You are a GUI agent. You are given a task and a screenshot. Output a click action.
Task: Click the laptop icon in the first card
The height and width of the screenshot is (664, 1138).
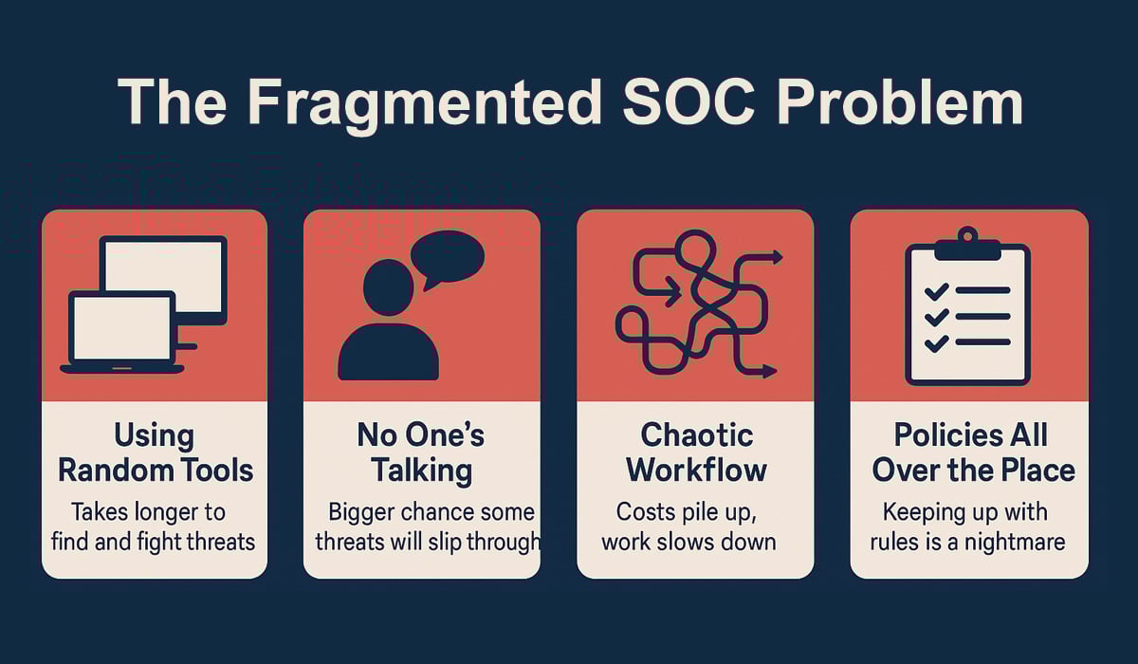[122, 332]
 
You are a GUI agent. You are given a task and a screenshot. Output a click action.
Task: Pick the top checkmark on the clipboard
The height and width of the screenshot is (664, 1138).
[937, 291]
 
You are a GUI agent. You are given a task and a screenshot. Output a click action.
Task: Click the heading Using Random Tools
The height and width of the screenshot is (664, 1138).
[155, 452]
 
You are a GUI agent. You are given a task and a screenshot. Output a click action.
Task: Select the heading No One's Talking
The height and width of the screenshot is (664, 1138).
[421, 452]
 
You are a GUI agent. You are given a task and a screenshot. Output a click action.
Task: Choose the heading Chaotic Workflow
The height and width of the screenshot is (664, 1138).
[696, 452]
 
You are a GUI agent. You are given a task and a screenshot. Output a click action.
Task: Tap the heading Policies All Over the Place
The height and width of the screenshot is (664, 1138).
[970, 452]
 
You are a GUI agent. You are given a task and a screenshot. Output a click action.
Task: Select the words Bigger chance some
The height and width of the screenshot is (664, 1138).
[431, 512]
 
